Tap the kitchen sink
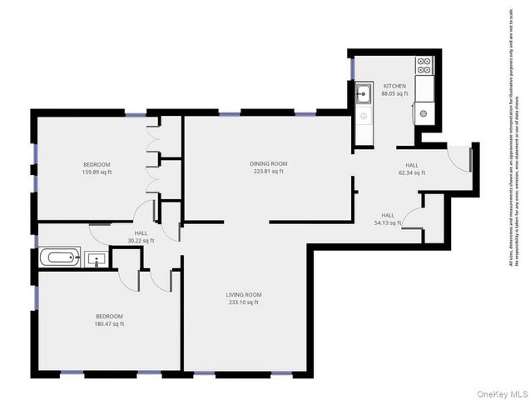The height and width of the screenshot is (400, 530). [364, 93]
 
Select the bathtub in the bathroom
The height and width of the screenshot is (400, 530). [59, 257]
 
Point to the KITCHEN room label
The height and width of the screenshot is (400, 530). [394, 86]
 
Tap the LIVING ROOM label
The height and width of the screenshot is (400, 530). [244, 294]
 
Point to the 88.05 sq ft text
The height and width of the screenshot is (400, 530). [394, 93]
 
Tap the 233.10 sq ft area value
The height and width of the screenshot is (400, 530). [244, 302]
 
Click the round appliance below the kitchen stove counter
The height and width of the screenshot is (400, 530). [424, 112]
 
